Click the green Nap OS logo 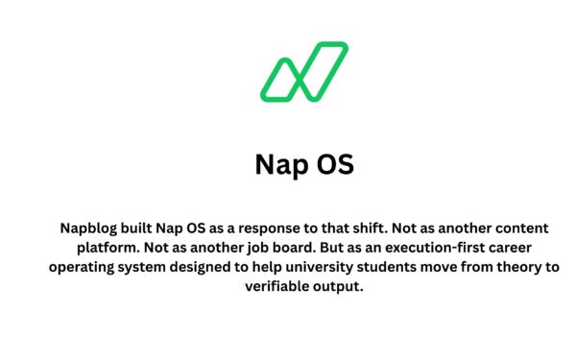point(303,71)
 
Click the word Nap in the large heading point(281,163)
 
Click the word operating point(84,268)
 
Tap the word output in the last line point(335,287)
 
